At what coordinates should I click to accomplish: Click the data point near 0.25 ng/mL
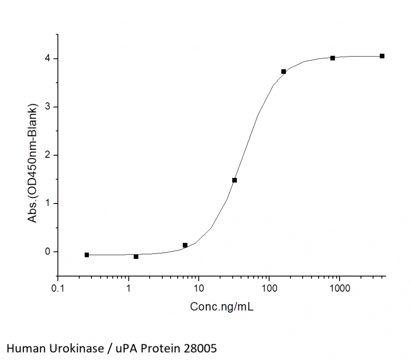click(87, 255)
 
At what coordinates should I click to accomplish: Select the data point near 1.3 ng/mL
click(136, 257)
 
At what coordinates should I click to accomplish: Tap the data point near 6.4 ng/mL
click(185, 245)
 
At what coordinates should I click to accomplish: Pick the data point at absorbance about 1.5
click(234, 180)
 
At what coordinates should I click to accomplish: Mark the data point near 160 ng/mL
click(284, 71)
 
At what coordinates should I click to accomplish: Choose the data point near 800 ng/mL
click(333, 58)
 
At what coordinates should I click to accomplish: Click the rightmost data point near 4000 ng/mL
click(382, 56)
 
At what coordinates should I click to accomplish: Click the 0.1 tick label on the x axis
click(59, 289)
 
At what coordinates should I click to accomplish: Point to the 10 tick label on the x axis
click(199, 289)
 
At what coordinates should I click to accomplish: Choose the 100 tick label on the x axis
click(269, 289)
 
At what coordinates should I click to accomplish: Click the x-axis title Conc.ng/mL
click(222, 307)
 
